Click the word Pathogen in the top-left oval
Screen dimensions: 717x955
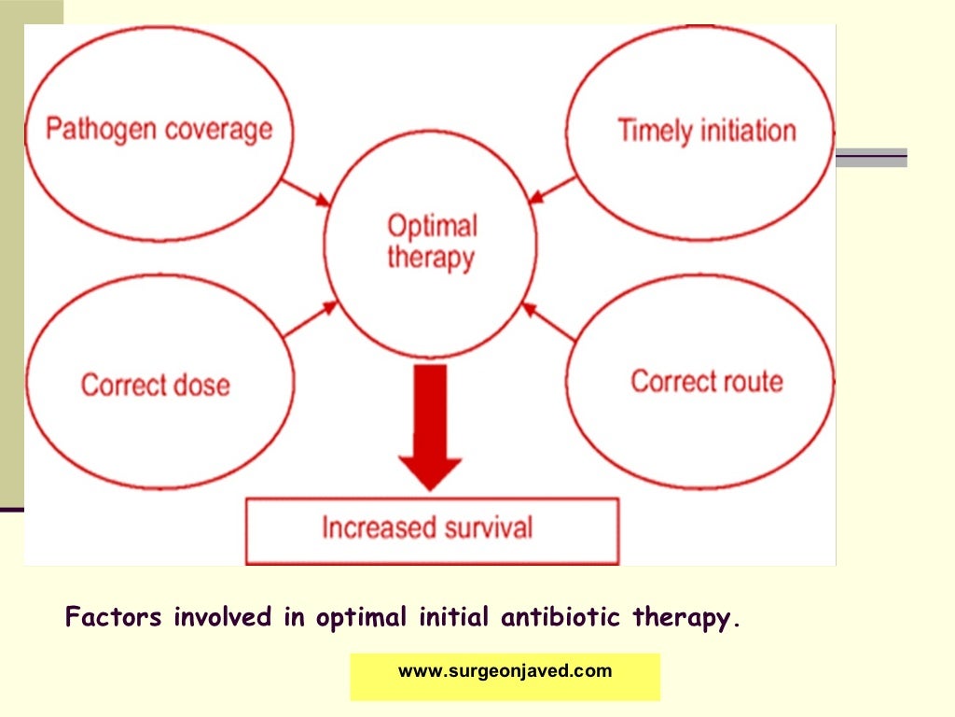(101, 128)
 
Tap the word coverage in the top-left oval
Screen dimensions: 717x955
(216, 129)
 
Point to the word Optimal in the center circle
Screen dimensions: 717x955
(432, 226)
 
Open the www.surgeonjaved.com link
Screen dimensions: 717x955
(505, 671)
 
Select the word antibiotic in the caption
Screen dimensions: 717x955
(564, 618)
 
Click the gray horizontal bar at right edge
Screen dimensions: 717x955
(871, 158)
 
